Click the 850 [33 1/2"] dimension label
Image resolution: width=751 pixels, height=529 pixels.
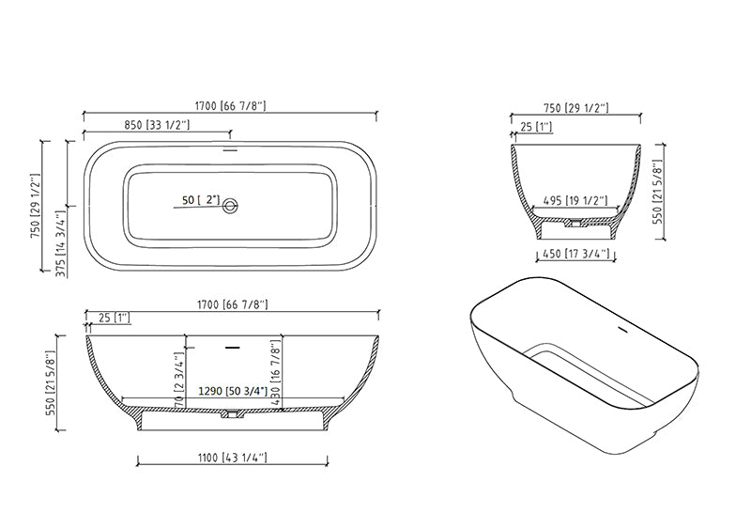point(157,125)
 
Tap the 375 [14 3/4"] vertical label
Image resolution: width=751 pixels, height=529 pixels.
point(61,243)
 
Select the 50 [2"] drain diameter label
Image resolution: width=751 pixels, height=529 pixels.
point(201,199)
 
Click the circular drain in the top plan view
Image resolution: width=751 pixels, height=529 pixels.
point(231,206)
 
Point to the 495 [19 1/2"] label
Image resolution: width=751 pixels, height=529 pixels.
point(575,200)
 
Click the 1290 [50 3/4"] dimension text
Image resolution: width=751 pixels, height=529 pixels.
point(233,392)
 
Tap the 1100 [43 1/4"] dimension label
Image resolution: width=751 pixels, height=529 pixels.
point(232,458)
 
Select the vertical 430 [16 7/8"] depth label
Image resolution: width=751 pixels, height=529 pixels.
point(275,373)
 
